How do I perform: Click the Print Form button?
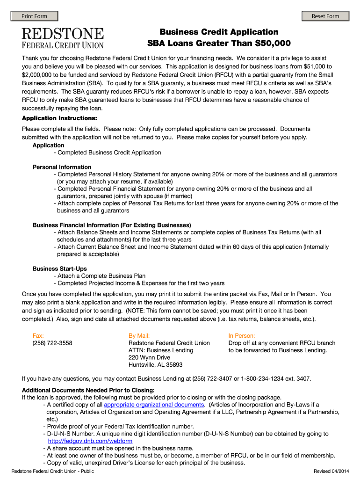pos(34,16)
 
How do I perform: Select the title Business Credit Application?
pos(219,32)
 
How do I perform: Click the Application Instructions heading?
pos(59,118)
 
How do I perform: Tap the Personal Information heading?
pos(62,167)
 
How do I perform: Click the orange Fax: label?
pos(38,335)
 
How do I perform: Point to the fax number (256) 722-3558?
pos(52,343)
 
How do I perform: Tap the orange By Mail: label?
pos(139,335)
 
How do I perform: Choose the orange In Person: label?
pos(241,335)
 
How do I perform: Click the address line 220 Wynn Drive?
pos(149,357)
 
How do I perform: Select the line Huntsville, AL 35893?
pos(155,365)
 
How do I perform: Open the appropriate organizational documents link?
pos(154,405)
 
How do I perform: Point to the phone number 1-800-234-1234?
pos(262,378)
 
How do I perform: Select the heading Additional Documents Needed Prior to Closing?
pos(88,390)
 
